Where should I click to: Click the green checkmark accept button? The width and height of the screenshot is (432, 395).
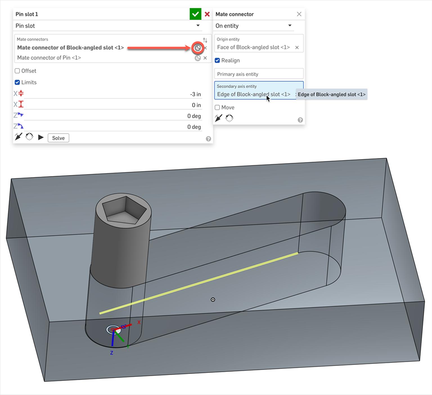coord(195,14)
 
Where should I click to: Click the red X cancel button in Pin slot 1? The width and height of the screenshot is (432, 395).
coord(207,14)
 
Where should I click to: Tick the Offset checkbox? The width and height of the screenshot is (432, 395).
coord(17,71)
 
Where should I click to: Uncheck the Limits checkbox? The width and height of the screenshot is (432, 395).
coord(17,82)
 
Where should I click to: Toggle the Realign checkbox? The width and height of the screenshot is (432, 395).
coord(217,60)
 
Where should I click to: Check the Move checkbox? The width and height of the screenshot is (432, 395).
coord(217,107)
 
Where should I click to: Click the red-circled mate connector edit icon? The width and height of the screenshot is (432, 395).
coord(198,48)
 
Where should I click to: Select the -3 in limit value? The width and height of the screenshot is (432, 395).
coord(195,94)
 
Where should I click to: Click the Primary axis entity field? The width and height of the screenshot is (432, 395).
coord(258,74)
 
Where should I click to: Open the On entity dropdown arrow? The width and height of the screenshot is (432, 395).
coord(290,26)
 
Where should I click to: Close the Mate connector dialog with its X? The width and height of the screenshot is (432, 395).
coord(299,14)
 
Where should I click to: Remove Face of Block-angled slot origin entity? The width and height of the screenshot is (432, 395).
coord(297,48)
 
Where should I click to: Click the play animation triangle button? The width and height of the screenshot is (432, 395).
coord(41,137)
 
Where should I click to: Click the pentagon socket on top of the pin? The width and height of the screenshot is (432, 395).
coord(124,210)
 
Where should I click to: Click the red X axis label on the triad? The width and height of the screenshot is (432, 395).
coord(139,322)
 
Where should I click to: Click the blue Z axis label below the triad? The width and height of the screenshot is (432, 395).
coord(112,353)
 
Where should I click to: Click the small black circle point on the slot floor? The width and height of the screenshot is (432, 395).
coord(213,299)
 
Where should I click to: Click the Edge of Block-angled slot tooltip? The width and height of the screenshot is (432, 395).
coord(331,95)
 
